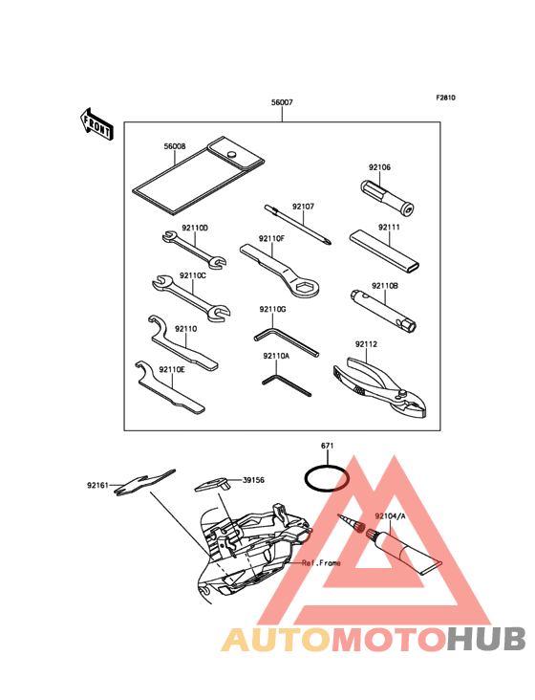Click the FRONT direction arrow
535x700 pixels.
96,124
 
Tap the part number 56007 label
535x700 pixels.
282,102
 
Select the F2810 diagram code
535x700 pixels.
445,98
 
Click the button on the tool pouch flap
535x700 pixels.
232,154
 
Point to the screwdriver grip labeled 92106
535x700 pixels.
387,196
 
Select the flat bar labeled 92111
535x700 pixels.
384,252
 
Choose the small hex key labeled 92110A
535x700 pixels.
287,385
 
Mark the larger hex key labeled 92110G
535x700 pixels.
287,341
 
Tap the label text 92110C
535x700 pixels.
193,275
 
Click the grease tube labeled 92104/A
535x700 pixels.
403,551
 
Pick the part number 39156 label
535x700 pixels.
253,480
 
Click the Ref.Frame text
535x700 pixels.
321,563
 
